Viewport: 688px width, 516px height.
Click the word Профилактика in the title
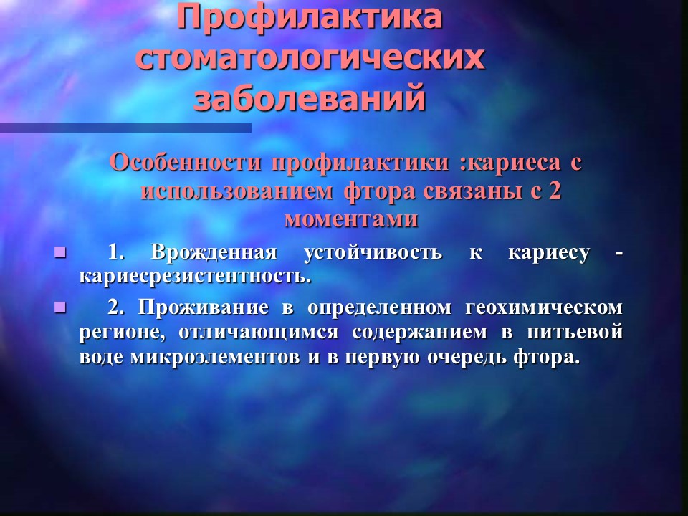(x=310, y=19)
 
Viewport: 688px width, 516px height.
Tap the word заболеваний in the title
(x=310, y=97)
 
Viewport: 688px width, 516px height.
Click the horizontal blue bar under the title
(x=125, y=128)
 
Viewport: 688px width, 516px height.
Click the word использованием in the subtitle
(x=236, y=191)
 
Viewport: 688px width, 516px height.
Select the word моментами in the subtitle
(x=351, y=219)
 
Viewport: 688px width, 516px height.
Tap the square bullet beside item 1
(x=60, y=253)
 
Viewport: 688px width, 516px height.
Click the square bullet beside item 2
(x=60, y=307)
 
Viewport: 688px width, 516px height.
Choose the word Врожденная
(x=214, y=253)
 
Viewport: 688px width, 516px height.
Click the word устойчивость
(x=373, y=254)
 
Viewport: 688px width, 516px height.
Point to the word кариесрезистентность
(x=195, y=277)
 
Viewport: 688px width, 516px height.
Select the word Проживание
(x=203, y=307)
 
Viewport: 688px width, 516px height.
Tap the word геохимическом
(x=544, y=307)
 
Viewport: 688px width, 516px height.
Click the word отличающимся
(x=259, y=333)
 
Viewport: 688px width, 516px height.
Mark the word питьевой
(x=575, y=332)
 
